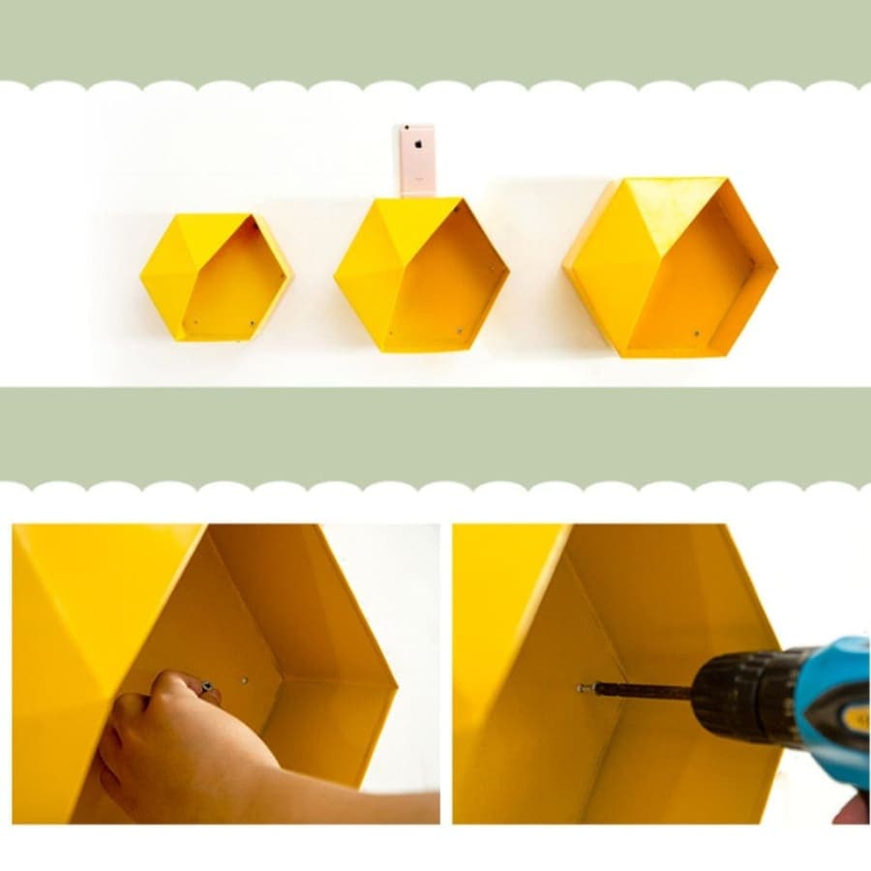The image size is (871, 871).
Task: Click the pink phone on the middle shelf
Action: point(418,160)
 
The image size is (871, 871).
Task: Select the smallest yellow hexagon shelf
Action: point(216,277)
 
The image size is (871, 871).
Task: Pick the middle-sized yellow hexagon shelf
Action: point(421,275)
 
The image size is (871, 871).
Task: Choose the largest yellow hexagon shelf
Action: point(670,267)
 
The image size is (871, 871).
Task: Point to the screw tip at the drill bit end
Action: point(583,688)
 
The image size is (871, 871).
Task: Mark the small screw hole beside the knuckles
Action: point(244,681)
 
